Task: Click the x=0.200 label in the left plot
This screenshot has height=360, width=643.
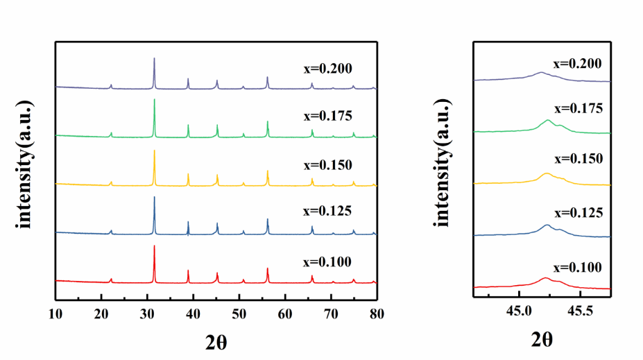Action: pyautogui.click(x=327, y=69)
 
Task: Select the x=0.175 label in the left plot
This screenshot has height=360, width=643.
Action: pyautogui.click(x=327, y=115)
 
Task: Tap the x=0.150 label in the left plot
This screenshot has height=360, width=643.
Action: pyautogui.click(x=327, y=165)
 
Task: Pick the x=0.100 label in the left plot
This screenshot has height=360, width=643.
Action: pyautogui.click(x=327, y=262)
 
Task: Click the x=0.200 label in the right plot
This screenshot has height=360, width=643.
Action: pyautogui.click(x=576, y=63)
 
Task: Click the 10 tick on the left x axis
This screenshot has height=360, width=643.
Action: pyautogui.click(x=55, y=313)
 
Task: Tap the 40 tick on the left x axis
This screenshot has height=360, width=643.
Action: pyautogui.click(x=193, y=313)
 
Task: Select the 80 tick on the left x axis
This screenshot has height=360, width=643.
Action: pyautogui.click(x=376, y=313)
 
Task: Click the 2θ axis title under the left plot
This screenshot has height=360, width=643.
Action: pyautogui.click(x=216, y=341)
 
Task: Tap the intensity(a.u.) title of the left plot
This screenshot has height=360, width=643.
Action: pyautogui.click(x=26, y=164)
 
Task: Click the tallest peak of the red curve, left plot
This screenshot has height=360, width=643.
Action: pyautogui.click(x=154, y=247)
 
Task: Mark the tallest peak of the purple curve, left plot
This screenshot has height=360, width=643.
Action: pyautogui.click(x=154, y=59)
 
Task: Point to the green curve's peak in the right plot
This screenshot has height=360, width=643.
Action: pyautogui.click(x=548, y=121)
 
